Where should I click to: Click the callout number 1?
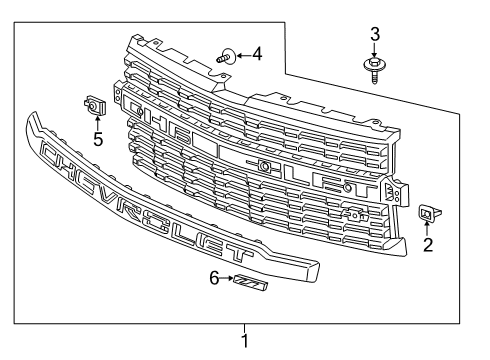pos(245,341)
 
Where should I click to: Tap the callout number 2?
pos(428,245)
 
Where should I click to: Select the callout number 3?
pos(375,34)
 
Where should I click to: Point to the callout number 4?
pos(257,54)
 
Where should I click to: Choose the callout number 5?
pos(98,139)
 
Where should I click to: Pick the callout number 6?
pos(214,278)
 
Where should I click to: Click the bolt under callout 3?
pos(375,70)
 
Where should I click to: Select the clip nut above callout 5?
pos(95,105)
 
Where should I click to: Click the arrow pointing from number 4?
pos(244,55)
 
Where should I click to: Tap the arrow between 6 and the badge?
pos(227,278)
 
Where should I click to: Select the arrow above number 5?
pos(97,123)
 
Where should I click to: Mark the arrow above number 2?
pos(426,228)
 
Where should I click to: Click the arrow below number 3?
pos(374,49)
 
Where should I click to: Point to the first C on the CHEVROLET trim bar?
pos(49,153)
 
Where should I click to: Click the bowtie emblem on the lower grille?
pos(356,213)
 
